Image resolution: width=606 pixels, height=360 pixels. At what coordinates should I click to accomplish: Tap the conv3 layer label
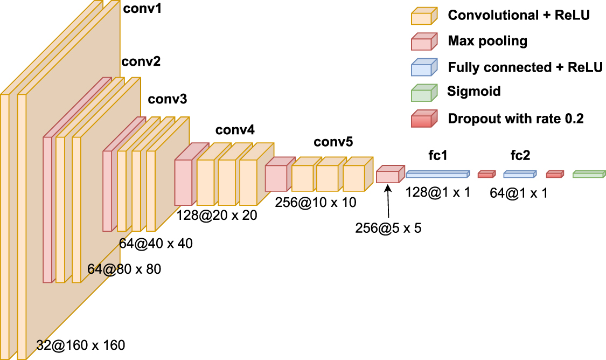[168, 99]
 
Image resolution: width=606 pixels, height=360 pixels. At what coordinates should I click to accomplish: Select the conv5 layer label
[333, 142]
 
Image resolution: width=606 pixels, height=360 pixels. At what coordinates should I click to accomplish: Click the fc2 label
[520, 156]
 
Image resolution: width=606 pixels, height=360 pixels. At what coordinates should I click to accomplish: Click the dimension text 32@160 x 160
[81, 345]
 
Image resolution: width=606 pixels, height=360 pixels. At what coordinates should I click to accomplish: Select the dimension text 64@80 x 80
[124, 268]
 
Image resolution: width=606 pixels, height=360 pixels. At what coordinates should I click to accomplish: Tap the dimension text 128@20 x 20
[217, 216]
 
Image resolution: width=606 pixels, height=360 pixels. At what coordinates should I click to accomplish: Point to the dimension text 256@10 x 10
[316, 202]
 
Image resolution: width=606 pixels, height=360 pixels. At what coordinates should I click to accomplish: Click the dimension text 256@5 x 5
[388, 227]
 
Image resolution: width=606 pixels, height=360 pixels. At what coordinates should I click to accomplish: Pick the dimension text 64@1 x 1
[519, 192]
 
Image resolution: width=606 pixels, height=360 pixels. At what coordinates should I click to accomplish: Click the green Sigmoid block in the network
[589, 174]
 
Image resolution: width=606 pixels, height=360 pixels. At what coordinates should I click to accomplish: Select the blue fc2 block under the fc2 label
[520, 174]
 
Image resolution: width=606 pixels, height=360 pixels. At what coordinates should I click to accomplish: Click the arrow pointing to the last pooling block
[388, 202]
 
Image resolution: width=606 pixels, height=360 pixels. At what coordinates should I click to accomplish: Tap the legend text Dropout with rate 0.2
[516, 118]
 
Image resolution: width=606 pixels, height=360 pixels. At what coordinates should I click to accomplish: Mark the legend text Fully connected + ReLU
[525, 67]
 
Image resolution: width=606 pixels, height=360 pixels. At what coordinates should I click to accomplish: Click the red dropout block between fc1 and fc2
[486, 174]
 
